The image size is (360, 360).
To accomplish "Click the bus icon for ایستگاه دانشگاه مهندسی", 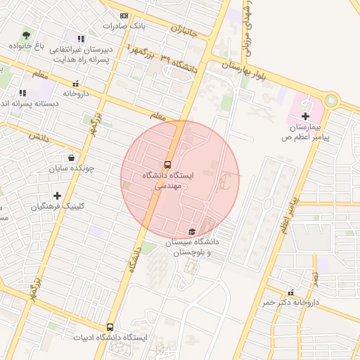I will (x=167, y=161).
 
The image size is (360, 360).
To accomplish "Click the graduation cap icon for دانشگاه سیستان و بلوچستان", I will (x=192, y=231).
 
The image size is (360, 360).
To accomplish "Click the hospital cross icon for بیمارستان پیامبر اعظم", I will (x=305, y=115).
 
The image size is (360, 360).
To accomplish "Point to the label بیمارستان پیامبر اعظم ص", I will (x=307, y=131).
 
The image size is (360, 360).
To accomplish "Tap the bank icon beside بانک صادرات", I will (x=124, y=15).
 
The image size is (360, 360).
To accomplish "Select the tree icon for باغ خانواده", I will (x=26, y=34).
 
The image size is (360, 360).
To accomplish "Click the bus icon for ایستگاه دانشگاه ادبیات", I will (x=110, y=327).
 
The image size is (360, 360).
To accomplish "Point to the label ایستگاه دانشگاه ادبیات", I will (x=110, y=338).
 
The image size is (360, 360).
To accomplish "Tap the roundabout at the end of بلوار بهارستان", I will (x=330, y=101).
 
